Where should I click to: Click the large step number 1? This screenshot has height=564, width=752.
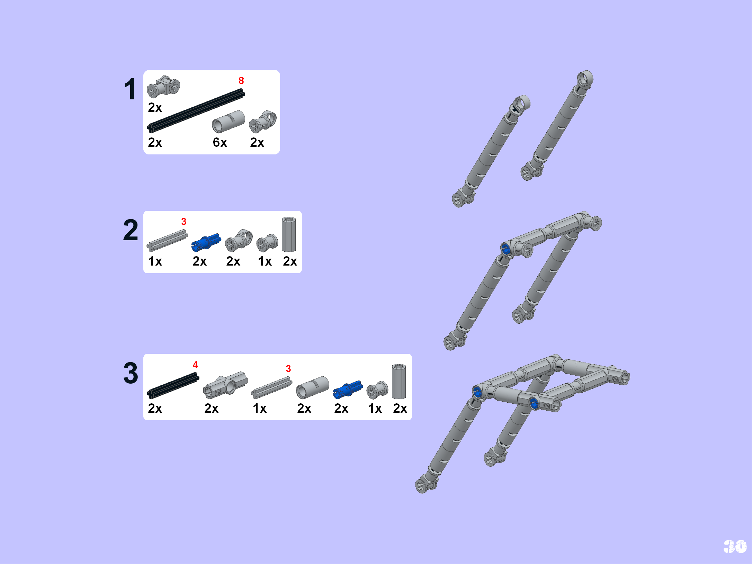coord(130,89)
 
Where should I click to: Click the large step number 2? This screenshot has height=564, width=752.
coord(131,230)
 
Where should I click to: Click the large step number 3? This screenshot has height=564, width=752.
coord(131,373)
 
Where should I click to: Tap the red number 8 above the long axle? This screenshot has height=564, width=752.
coord(241,81)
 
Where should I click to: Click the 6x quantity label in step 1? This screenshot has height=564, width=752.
coord(220,142)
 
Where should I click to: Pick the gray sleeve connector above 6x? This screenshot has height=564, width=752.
coord(228,122)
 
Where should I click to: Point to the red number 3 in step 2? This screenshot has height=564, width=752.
coord(184,222)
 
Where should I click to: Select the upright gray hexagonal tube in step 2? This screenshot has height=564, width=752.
coord(289,234)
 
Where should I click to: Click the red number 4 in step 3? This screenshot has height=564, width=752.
coord(195,365)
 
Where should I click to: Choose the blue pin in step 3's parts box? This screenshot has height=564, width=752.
coord(348,389)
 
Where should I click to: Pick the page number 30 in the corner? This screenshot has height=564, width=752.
coord(735,547)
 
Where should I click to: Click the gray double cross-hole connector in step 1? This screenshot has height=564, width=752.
coord(163,86)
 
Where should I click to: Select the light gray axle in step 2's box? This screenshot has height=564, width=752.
coord(167,240)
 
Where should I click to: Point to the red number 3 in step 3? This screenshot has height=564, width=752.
coord(288,369)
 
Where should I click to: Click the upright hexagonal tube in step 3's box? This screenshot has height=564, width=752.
coord(399,382)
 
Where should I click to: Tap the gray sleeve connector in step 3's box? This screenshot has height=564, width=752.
coord(312,387)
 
